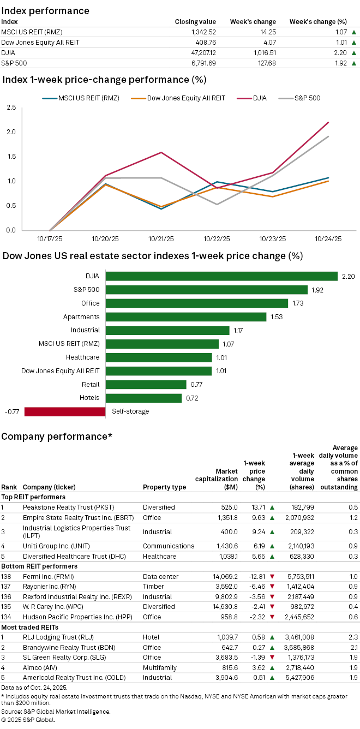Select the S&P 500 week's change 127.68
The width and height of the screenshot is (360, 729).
click(264, 63)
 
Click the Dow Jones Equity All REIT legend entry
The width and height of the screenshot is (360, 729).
click(186, 98)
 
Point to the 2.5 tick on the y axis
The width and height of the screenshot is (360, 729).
click(11, 107)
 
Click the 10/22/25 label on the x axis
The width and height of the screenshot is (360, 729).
click(218, 238)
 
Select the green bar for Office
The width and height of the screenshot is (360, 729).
click(196, 303)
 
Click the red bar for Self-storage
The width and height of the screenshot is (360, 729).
click(65, 411)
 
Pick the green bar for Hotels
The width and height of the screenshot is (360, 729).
click(143, 398)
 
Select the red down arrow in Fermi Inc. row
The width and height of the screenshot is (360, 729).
click(272, 576)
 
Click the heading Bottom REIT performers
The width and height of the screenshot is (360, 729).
click(39, 566)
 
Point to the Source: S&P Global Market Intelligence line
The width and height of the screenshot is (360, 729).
click(56, 711)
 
